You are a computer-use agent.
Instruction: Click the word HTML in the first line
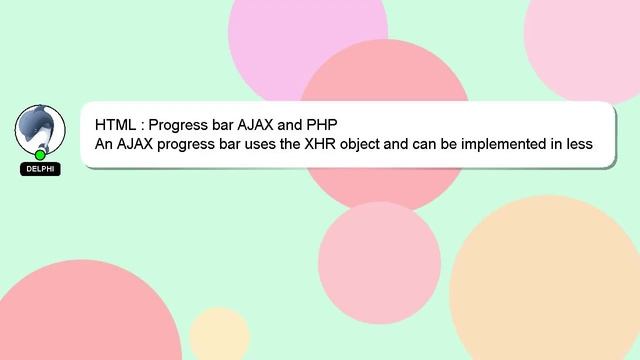tap(115, 125)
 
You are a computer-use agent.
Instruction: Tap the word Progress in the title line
tap(179, 125)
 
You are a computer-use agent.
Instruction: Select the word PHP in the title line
tap(321, 125)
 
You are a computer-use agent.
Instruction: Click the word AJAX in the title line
tap(258, 125)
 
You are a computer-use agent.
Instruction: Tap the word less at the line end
tap(577, 144)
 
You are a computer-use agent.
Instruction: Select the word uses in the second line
tap(268, 144)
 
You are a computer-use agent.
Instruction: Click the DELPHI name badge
tap(40, 169)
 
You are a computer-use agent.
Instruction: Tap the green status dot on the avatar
tap(40, 155)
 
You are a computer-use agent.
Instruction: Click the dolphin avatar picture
tap(40, 130)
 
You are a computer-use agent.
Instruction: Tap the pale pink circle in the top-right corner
tap(590, 40)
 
